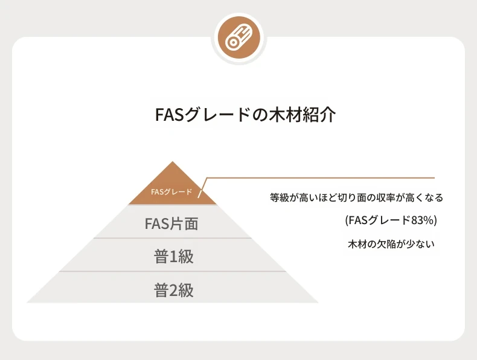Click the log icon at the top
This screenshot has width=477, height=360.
point(239,39)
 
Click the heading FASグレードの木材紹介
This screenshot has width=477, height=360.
point(246,114)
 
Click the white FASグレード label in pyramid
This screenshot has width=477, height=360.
point(171,192)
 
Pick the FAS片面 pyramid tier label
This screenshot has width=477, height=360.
point(171,223)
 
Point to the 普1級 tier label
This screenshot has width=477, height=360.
point(174,256)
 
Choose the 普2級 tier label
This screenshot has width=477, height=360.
point(174,290)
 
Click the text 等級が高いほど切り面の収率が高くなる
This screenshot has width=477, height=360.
point(356,198)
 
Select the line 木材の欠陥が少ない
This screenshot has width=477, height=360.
point(391,244)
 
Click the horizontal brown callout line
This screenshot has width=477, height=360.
point(321,178)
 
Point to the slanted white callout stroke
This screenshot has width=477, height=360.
point(202,188)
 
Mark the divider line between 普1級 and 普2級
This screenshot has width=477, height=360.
point(173,271)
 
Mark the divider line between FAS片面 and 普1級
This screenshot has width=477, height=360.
point(173,238)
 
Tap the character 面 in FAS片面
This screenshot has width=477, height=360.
point(190,223)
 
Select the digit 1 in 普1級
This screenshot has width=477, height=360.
point(173,257)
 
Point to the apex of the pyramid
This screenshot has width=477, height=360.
point(173,162)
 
